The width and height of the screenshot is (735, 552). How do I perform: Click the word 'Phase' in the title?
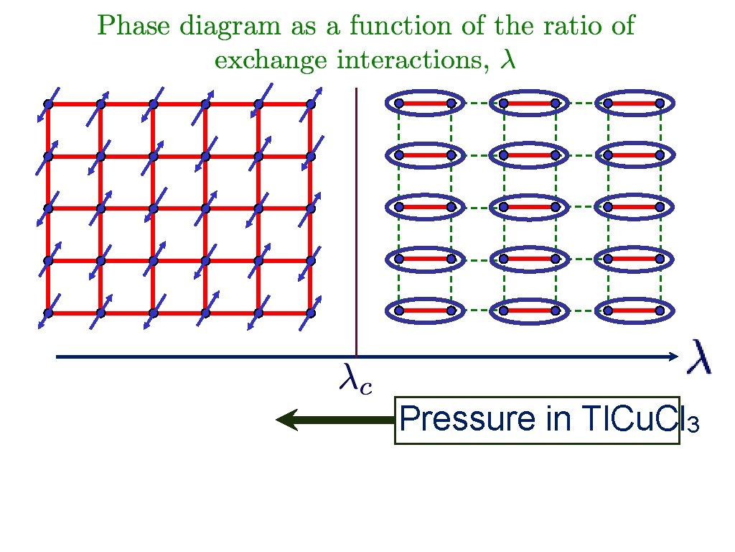[126, 27]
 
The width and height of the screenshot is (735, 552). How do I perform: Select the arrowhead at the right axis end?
[673, 356]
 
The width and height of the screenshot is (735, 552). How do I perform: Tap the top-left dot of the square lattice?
[49, 104]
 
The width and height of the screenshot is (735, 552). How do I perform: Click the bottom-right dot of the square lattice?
[311, 313]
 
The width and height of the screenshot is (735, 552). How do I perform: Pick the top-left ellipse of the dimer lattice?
[425, 103]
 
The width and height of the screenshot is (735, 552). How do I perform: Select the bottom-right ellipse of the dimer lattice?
[633, 310]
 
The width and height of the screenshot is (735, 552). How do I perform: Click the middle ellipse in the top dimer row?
[529, 103]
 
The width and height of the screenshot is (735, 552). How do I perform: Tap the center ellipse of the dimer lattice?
[529, 207]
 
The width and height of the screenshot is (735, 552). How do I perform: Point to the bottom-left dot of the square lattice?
[49, 313]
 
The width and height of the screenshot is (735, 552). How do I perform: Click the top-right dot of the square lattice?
[311, 104]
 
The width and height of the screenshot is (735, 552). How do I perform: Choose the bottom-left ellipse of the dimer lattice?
[425, 310]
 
